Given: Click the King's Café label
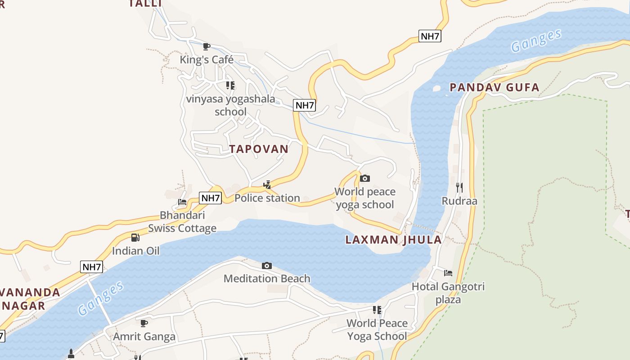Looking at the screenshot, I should (x=207, y=59).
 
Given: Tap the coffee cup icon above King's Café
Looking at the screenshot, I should (x=207, y=46).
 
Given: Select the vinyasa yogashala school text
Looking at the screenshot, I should (x=230, y=105).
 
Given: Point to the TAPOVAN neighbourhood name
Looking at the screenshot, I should (x=259, y=149).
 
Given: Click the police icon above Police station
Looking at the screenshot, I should (x=267, y=184).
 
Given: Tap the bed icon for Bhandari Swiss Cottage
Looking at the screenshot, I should (x=182, y=202).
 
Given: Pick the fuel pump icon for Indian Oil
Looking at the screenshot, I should (x=135, y=237).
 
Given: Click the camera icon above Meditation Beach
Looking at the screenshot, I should (x=267, y=265).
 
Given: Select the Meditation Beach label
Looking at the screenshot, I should (x=267, y=279).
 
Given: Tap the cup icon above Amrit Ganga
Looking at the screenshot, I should (x=144, y=323).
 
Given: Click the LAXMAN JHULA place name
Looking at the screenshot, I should (x=393, y=240).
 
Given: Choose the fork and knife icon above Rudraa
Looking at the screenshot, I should (x=459, y=187).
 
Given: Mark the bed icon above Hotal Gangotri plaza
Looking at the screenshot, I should (x=448, y=273).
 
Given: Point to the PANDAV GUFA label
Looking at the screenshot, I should (x=495, y=87).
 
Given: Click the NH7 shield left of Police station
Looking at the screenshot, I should (x=211, y=198).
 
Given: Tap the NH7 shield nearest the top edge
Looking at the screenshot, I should (x=430, y=36).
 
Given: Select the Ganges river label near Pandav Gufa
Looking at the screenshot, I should (x=536, y=40).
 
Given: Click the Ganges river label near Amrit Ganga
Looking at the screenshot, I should (x=101, y=298).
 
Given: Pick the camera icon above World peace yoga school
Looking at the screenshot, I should (x=365, y=179).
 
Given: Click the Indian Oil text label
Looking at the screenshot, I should (x=135, y=251).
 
